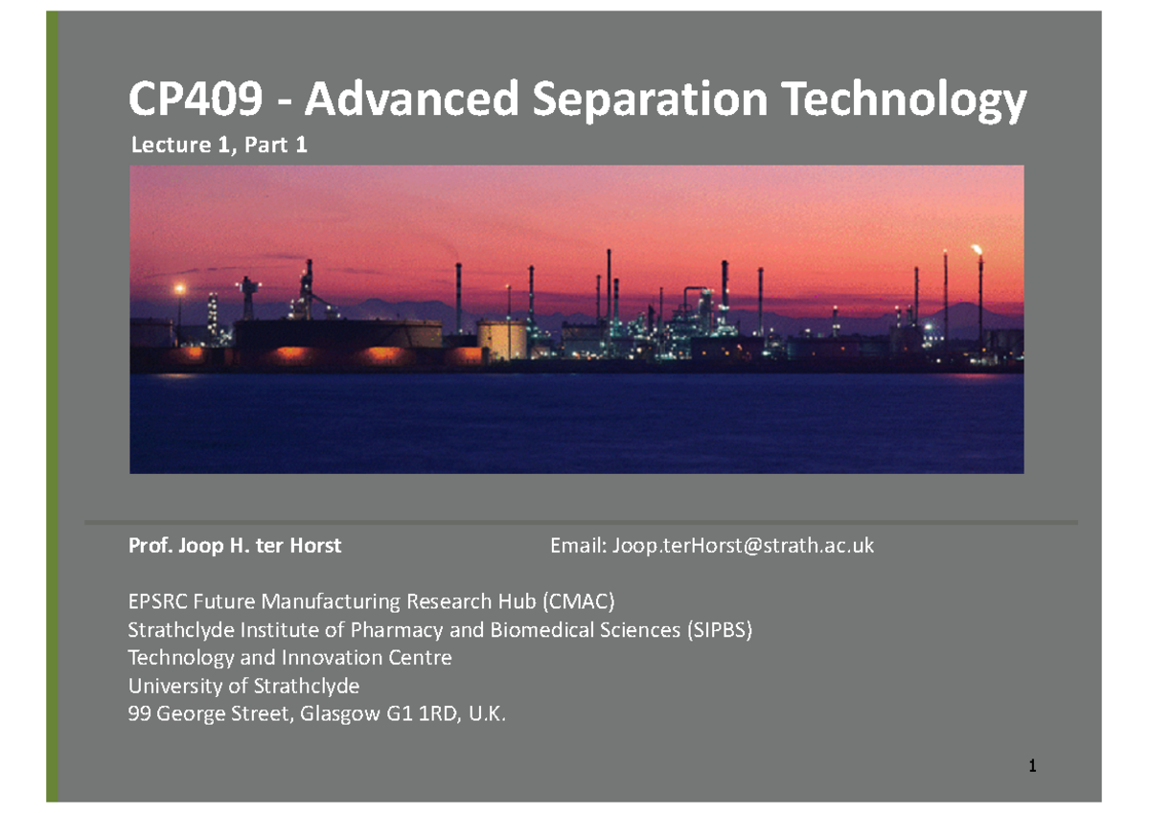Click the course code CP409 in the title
coord(195,98)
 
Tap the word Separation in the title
coord(650,101)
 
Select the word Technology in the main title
coord(904,101)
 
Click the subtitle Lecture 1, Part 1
coord(219,145)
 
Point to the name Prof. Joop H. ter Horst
coord(235,545)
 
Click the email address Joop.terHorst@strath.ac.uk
coord(743,545)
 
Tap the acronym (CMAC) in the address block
coord(579,601)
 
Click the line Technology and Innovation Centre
coord(290,658)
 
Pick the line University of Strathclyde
coord(243,686)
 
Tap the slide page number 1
coord(1032,766)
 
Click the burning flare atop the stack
coord(977,250)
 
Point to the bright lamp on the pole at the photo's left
coord(180,289)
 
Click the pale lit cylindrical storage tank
coord(501,339)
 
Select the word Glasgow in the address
coord(340,714)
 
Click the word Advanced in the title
coord(412,98)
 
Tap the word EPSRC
coord(157,601)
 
